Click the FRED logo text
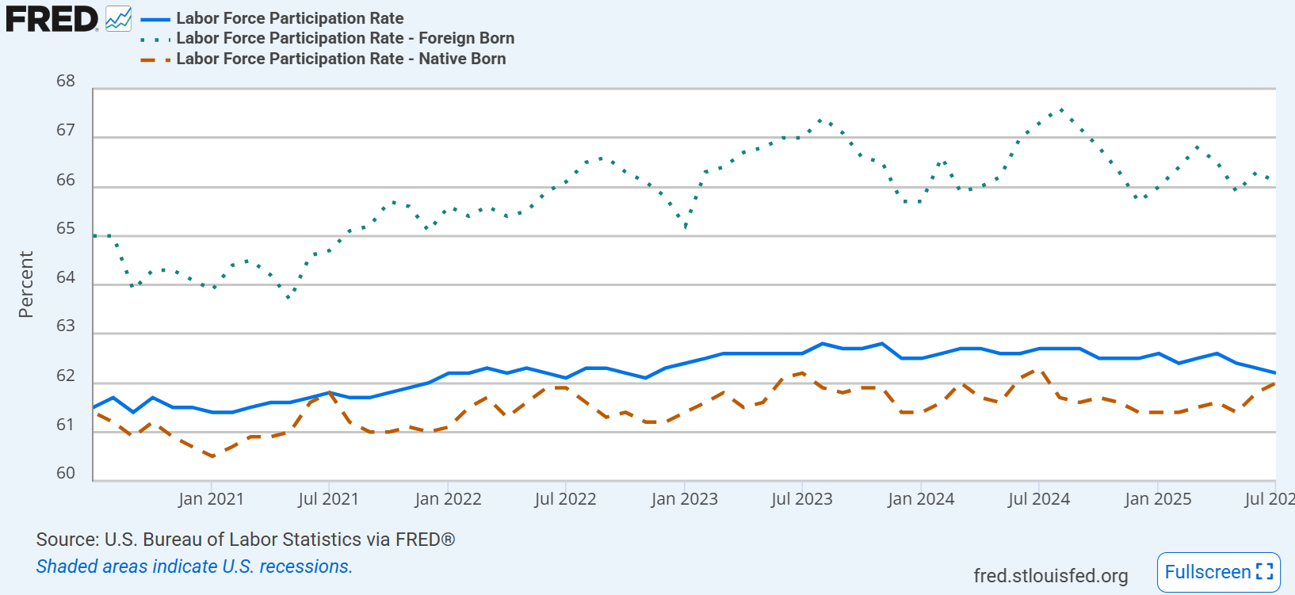tap(52, 19)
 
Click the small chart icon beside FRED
tap(119, 19)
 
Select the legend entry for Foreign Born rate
tap(345, 38)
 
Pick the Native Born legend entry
tap(341, 59)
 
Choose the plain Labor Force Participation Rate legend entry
tap(289, 18)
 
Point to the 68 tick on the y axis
tap(66, 81)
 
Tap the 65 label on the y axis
tap(66, 229)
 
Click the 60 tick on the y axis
tap(66, 473)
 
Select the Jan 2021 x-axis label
tap(211, 499)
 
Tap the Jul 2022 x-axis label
tap(565, 499)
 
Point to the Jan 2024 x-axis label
tap(921, 499)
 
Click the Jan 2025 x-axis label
tap(1158, 499)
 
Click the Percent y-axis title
tap(26, 284)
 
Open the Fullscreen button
tap(1218, 572)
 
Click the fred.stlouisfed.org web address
tap(1051, 576)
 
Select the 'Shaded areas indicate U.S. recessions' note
tap(194, 566)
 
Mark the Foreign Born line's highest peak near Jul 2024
tap(1060, 110)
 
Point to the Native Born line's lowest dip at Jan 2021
tap(212, 456)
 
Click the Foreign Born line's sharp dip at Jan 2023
tap(685, 227)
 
